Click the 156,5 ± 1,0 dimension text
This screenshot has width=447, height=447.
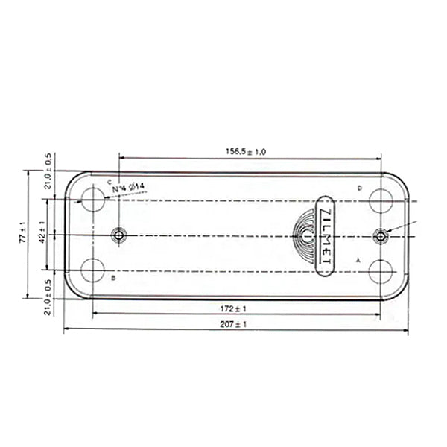pos(246,152)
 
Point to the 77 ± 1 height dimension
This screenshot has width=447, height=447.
pos(23,234)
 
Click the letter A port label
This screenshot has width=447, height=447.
pos(358,261)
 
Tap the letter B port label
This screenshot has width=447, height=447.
pos(112,278)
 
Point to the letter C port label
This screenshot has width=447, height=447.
pos(110,182)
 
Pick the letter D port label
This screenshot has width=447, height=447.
pos(358,188)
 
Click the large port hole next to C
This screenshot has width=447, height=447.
pos(93,200)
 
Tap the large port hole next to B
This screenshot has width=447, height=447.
pos(93,270)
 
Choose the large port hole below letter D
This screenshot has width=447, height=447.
pos(381,200)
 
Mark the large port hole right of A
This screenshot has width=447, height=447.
pos(381,270)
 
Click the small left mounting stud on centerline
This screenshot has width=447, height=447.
pos(118,235)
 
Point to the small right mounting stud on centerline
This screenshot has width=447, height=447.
pos(381,235)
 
